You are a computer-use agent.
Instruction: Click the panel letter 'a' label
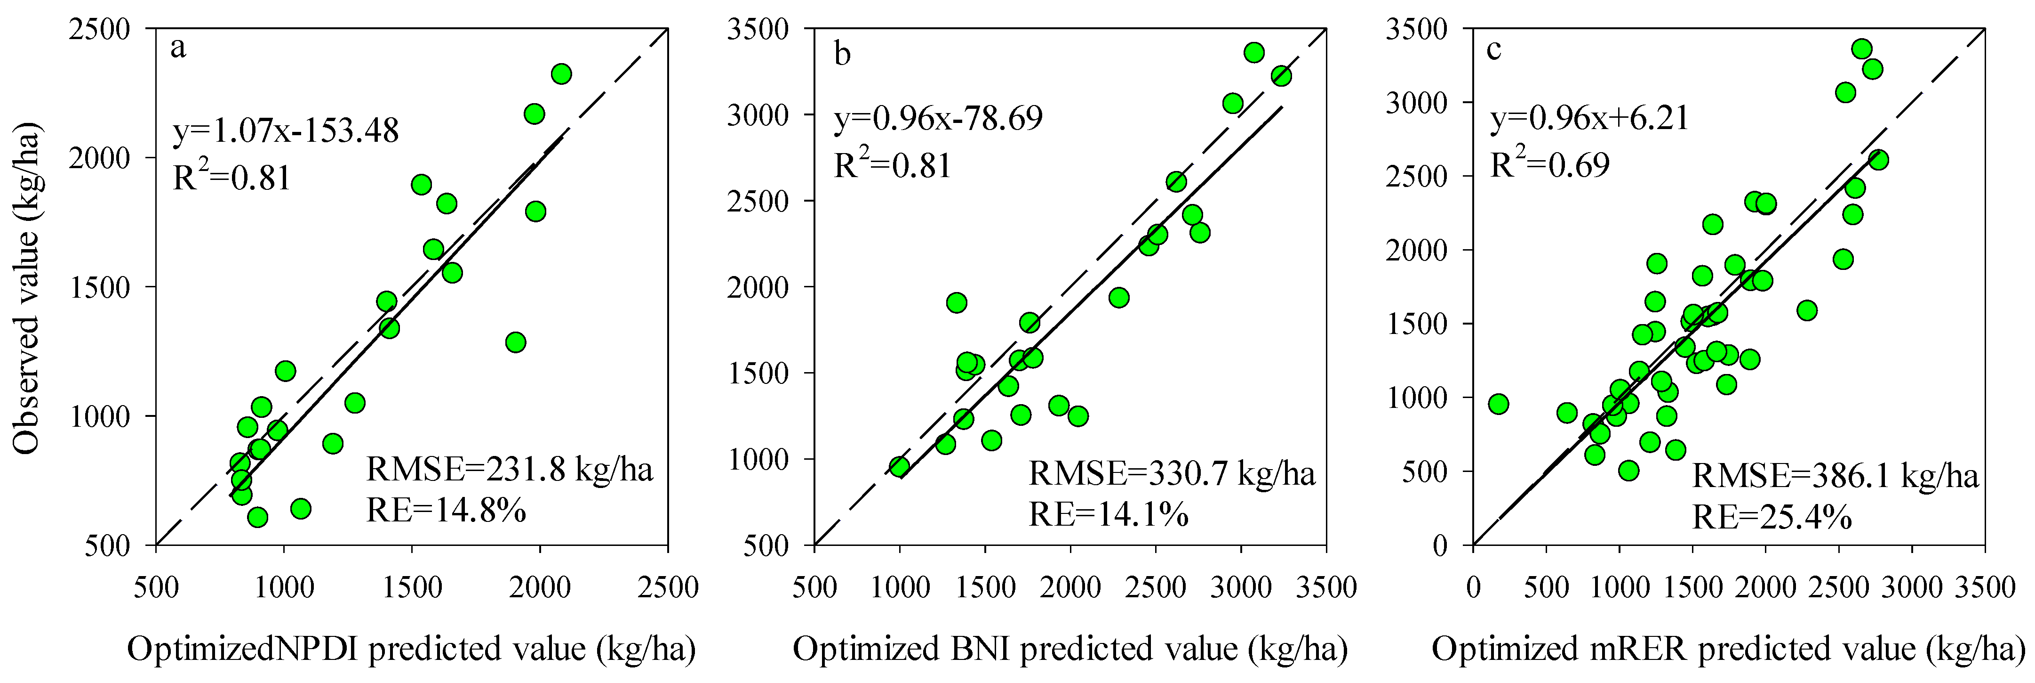(178, 49)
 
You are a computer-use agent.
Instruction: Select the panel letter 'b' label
(842, 55)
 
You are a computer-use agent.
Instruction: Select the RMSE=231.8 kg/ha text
(510, 471)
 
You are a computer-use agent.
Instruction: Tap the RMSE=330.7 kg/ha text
(1172, 473)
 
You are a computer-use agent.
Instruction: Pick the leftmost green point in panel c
(1498, 405)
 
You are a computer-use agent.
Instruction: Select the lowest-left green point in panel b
(899, 466)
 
